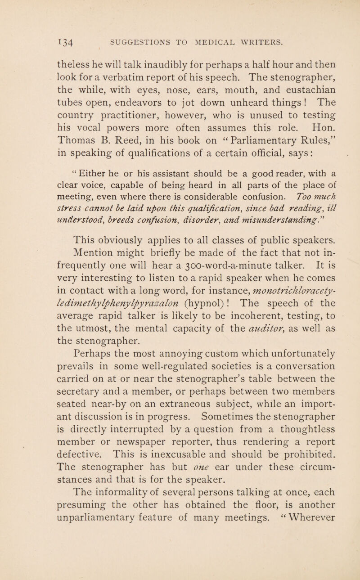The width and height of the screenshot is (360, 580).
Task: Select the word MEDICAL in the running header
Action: pos(207,43)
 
